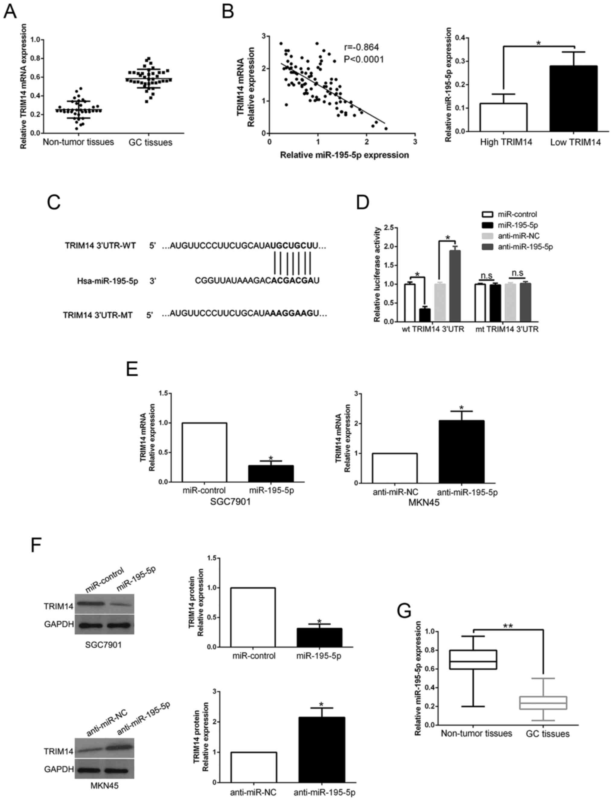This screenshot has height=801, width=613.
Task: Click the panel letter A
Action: click(10, 12)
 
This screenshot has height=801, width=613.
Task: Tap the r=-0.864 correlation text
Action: click(361, 47)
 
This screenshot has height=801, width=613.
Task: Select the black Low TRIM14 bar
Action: click(573, 98)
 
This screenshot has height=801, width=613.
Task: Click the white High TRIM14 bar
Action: click(503, 117)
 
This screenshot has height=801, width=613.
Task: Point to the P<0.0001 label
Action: click(364, 59)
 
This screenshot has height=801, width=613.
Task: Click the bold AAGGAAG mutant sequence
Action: click(291, 314)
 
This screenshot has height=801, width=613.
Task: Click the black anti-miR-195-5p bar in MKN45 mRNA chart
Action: click(461, 452)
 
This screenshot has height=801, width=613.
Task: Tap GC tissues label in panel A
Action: click(150, 142)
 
